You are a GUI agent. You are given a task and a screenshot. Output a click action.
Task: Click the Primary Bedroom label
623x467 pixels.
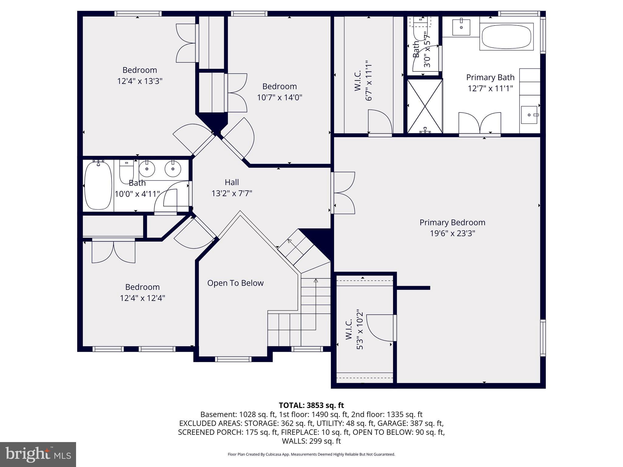(x=452, y=222)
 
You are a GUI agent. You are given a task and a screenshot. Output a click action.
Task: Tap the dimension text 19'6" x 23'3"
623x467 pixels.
(x=452, y=233)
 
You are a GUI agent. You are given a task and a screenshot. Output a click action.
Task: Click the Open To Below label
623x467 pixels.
(x=235, y=283)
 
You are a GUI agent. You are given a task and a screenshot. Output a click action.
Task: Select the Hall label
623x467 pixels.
(x=232, y=182)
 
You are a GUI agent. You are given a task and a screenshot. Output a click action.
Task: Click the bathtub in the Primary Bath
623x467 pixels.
(x=506, y=37)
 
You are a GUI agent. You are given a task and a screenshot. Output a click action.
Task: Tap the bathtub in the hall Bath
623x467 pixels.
(x=98, y=185)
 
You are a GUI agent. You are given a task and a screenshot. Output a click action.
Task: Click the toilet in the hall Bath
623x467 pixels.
(x=126, y=171)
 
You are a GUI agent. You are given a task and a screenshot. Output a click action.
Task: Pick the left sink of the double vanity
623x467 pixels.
(x=147, y=169)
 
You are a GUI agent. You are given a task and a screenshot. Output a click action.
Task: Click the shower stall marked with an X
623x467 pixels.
(x=425, y=106)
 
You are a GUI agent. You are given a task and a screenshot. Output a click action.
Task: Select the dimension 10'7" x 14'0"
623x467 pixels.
(x=280, y=98)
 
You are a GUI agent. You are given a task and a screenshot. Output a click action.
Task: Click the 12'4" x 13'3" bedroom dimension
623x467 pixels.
(x=140, y=81)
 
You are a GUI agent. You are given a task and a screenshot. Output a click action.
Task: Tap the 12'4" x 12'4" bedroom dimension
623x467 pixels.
(x=142, y=298)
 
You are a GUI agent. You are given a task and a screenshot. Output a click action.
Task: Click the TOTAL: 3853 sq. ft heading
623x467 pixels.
(x=311, y=405)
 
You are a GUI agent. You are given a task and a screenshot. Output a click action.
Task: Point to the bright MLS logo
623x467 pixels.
(x=38, y=454)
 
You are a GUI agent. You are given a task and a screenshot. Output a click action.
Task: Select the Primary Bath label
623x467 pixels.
(x=490, y=77)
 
